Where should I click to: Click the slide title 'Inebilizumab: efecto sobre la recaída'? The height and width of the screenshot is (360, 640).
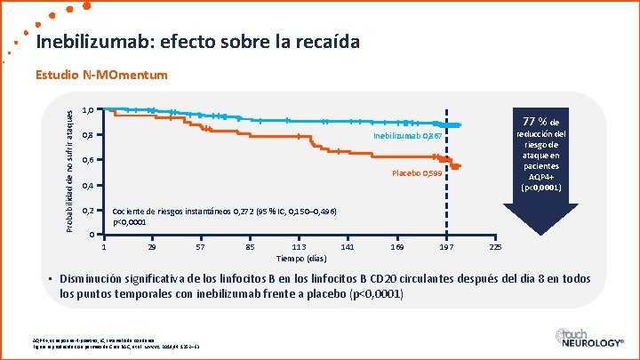pos(198,43)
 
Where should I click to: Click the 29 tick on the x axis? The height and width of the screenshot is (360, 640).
pos(153,246)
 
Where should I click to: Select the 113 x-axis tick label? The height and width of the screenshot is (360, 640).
pos(299,246)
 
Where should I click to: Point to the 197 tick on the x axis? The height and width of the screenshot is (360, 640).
pos(446,246)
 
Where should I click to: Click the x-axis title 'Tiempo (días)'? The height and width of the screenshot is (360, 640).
pos(299,259)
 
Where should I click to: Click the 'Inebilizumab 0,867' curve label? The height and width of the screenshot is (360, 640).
pos(406,136)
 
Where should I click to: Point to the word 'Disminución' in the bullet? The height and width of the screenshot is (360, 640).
pos(94,279)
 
